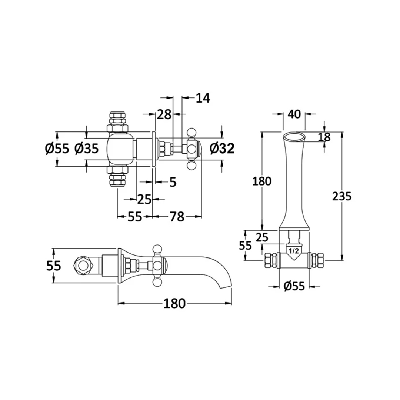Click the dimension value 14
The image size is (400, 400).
[203, 98]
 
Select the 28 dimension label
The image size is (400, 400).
[164, 114]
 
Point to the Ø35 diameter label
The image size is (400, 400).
[86, 149]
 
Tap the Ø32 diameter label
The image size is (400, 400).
[222, 149]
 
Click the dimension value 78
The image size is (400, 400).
[177, 217]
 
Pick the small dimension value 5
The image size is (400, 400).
[173, 182]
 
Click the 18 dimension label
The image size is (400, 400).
[324, 137]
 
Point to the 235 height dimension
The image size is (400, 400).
[342, 196]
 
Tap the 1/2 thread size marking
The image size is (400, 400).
[293, 251]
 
